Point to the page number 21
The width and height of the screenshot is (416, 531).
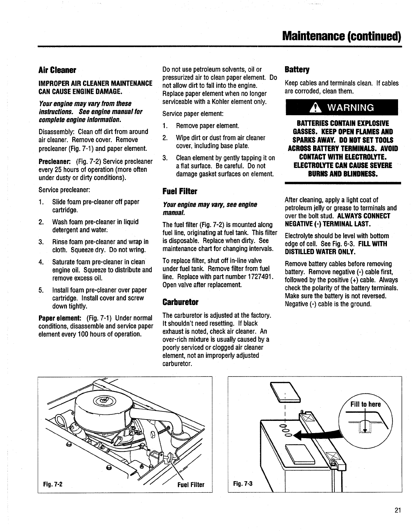(x=397, y=511)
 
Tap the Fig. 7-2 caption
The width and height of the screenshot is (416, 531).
(x=52, y=484)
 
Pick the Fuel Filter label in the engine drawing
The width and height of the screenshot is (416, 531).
(x=191, y=485)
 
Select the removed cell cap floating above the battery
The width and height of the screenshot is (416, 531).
(x=286, y=392)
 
